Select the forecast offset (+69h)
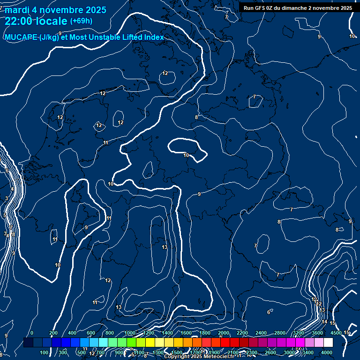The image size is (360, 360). click(x=81, y=21)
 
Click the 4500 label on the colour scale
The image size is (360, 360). click(x=336, y=333)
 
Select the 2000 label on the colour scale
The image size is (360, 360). click(x=224, y=333)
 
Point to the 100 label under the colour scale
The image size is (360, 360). click(x=44, y=352)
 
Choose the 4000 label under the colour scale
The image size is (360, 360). click(x=327, y=352)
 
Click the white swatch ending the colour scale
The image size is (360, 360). click(x=328, y=343)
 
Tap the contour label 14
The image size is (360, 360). click(x=324, y=322)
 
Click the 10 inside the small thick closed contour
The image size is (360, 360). click(x=186, y=155)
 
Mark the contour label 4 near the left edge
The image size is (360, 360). click(x=12, y=189)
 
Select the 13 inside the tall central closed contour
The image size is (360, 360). click(x=165, y=247)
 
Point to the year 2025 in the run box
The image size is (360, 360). click(x=345, y=8)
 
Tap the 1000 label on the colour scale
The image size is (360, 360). click(x=130, y=333)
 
